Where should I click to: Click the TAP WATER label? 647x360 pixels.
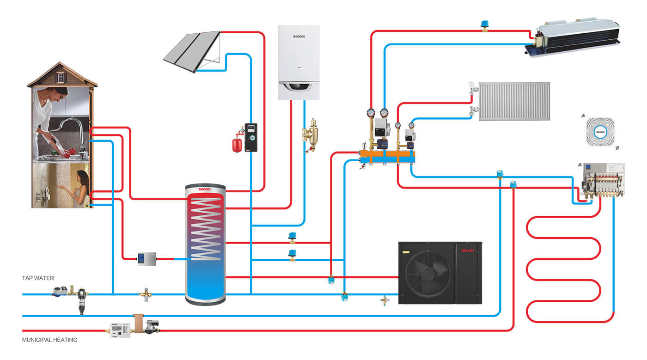38,278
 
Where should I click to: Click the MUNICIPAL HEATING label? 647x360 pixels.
49,340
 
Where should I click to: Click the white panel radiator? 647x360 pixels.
514,101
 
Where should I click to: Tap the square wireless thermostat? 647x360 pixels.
600,132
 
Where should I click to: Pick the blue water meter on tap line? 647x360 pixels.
59,292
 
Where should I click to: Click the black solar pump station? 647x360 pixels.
250,138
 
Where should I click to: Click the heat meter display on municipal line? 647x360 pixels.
118,329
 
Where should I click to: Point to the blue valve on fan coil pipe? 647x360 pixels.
485,24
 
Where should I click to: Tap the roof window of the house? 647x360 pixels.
62,78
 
